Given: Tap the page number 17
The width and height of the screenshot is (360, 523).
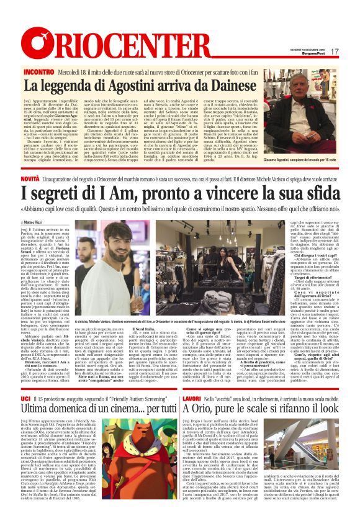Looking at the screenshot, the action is pyautogui.click(x=334, y=52).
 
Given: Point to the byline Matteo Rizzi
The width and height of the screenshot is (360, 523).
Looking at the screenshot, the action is pyautogui.click(x=37, y=221).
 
